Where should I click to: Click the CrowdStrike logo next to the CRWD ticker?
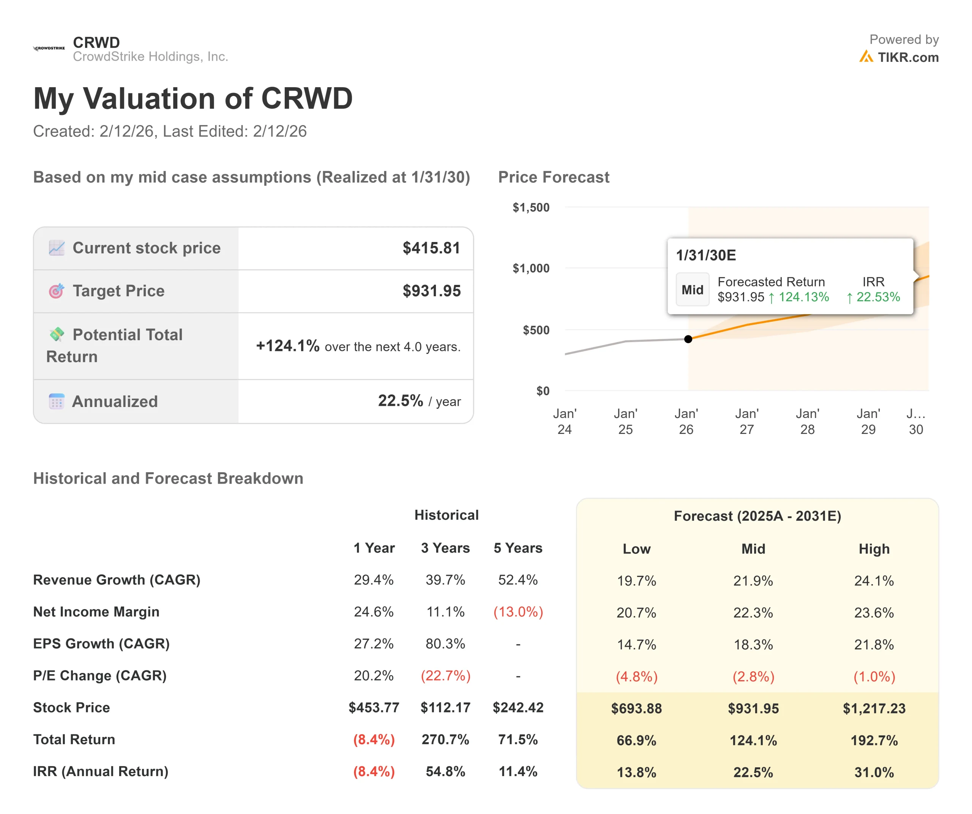point(49,48)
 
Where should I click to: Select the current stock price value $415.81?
point(431,248)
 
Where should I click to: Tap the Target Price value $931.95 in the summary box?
point(431,291)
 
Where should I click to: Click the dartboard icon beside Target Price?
point(57,291)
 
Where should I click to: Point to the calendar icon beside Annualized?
point(57,401)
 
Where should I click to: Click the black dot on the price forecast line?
point(688,339)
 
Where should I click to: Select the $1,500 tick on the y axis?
point(531,207)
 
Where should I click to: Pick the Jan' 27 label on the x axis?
point(746,421)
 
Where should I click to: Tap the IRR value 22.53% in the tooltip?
point(873,297)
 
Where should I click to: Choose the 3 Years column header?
point(445,548)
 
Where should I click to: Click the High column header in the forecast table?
point(874,549)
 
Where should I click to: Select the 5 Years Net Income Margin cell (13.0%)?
point(518,612)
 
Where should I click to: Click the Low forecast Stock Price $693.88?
point(636,709)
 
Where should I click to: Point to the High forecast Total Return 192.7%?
point(874,740)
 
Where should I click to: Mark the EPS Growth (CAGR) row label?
point(101,644)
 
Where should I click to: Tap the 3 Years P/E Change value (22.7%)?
point(445,676)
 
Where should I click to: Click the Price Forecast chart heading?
point(554,177)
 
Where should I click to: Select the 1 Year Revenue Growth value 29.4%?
point(374,580)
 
